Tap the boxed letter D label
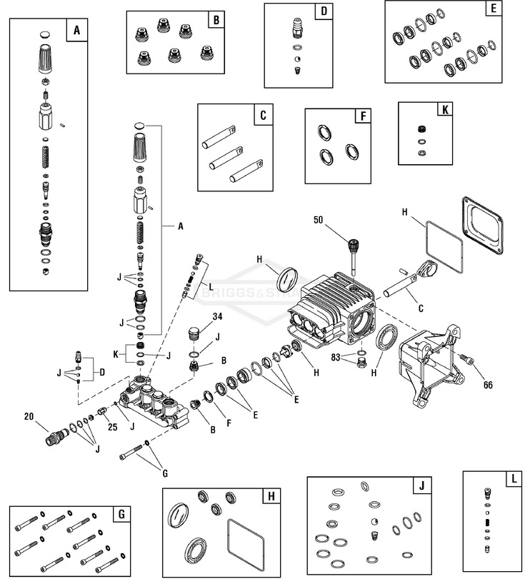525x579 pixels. [x=323, y=12]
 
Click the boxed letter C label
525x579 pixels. [x=263, y=114]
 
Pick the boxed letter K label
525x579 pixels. [x=444, y=111]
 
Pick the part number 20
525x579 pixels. [x=29, y=416]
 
